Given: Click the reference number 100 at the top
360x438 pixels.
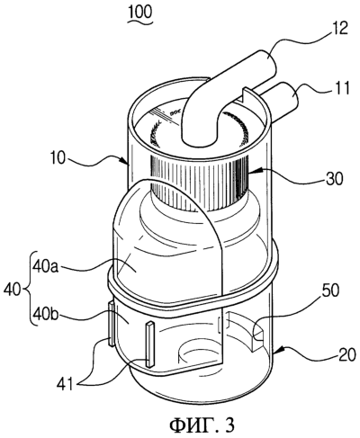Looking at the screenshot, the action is (x=140, y=13).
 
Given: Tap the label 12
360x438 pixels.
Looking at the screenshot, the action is (x=339, y=29).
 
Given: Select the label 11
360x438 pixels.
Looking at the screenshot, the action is (x=340, y=89).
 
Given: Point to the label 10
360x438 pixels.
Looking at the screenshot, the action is (x=57, y=158).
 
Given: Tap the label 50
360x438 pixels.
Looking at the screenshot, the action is (x=330, y=291).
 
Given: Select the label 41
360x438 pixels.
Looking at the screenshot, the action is (x=65, y=385).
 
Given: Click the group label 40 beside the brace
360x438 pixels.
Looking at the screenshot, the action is (x=13, y=291).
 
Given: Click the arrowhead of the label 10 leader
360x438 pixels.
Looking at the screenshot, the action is (x=127, y=161).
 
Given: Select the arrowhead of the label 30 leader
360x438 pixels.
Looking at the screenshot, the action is (x=251, y=173).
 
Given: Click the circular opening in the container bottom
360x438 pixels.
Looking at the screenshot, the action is (x=200, y=353).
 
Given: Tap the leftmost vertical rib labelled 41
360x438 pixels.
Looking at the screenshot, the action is (x=112, y=324).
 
